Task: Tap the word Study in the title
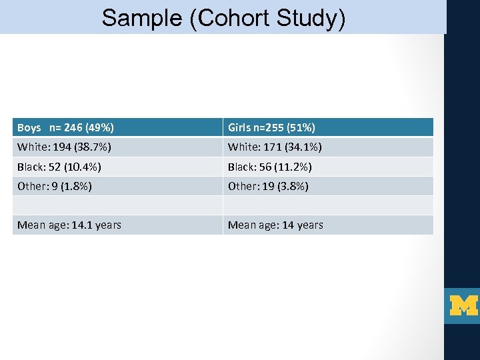pyautogui.click(x=309, y=18)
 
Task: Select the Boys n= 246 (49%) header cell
pyautogui.click(x=117, y=127)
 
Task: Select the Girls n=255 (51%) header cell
pyautogui.click(x=328, y=127)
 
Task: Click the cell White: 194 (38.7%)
pyautogui.click(x=117, y=147)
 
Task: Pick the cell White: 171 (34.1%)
pyautogui.click(x=328, y=147)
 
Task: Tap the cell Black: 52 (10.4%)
pyautogui.click(x=117, y=167)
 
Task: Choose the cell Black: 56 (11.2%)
pyautogui.click(x=328, y=167)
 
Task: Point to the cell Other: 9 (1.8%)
pyautogui.click(x=117, y=186)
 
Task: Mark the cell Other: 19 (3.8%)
pyautogui.click(x=328, y=186)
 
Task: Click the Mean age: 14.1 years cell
pyautogui.click(x=117, y=225)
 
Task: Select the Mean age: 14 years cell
pyautogui.click(x=328, y=225)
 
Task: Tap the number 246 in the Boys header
pyautogui.click(x=73, y=127)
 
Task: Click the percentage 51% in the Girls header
pyautogui.click(x=301, y=127)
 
